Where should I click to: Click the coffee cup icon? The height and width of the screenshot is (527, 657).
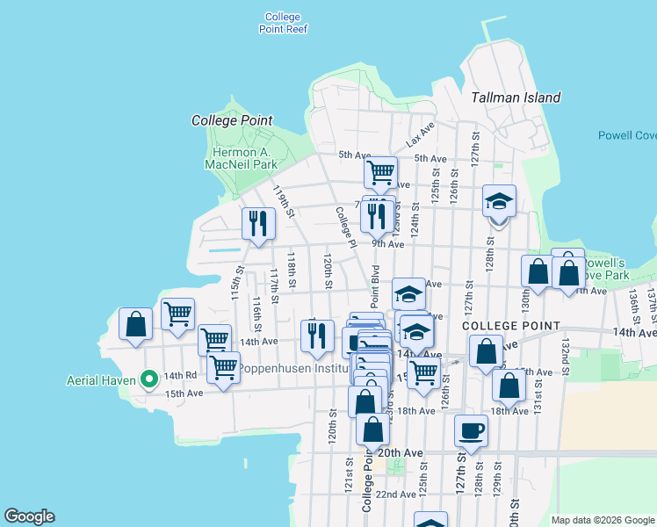470,431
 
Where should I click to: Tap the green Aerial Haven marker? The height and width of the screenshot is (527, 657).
149,379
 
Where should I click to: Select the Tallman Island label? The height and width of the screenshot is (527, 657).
516,97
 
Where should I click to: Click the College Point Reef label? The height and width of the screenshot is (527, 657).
282,23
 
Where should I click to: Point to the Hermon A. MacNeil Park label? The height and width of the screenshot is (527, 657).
241,157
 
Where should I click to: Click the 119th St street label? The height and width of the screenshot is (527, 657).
281,201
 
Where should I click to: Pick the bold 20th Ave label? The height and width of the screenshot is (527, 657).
401,452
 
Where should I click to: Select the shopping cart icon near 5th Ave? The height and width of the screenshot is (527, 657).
380,171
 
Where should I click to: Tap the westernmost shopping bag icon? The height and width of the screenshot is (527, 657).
136,323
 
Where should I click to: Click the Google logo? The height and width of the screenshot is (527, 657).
29,516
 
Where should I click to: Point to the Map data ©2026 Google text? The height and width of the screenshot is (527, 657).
602,520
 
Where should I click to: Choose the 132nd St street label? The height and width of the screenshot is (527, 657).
566,351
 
